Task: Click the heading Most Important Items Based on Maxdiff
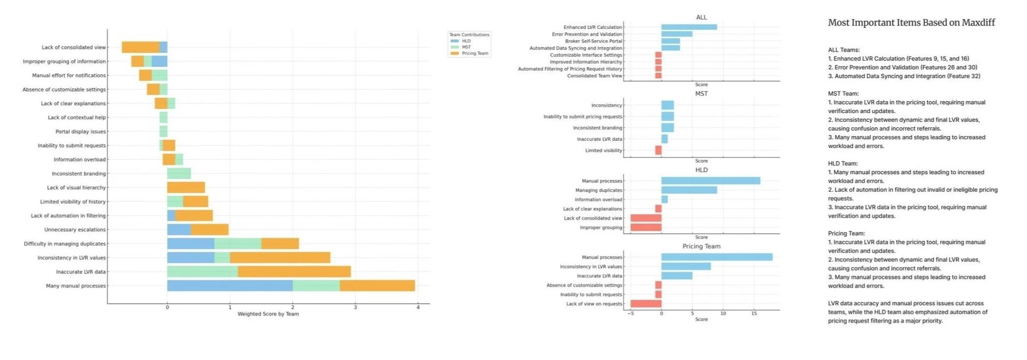[911, 22]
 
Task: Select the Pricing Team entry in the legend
[475, 53]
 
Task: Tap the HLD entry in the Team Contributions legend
[466, 41]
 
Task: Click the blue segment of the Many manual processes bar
[230, 286]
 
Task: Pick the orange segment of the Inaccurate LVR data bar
[294, 271]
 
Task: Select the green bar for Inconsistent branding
[179, 174]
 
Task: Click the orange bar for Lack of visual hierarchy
[186, 187]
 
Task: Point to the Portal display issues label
[80, 132]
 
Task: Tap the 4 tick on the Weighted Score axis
[418, 307]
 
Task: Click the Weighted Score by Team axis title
[268, 314]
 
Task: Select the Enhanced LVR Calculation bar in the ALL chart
[689, 27]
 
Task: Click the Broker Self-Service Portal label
[593, 41]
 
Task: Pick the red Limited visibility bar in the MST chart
[658, 150]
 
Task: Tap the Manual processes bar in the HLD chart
[710, 181]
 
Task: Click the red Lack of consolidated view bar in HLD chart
[646, 218]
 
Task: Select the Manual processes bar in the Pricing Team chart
[717, 257]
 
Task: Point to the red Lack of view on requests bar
[646, 304]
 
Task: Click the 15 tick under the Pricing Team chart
[754, 313]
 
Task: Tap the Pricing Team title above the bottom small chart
[701, 247]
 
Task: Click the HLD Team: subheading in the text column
[843, 163]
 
